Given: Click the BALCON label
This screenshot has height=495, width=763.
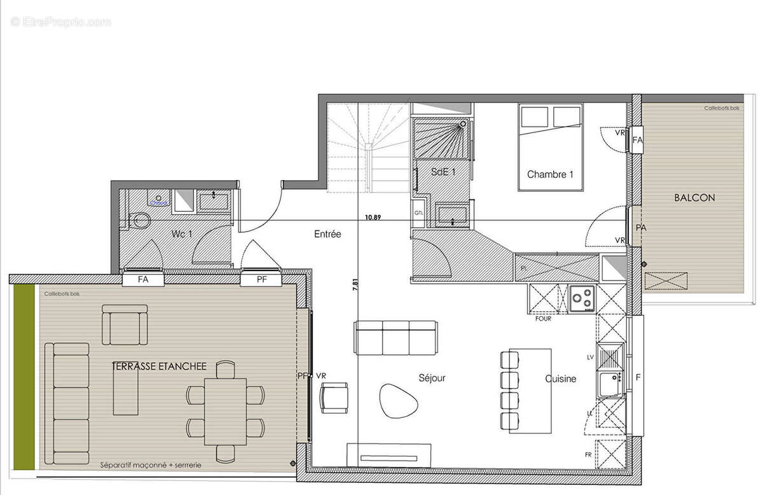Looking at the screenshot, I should click(x=694, y=198).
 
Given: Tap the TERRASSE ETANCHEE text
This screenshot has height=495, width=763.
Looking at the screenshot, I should click(x=159, y=366).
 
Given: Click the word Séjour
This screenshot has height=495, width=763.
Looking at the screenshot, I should click(x=432, y=378).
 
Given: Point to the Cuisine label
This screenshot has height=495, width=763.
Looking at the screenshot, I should click(x=560, y=379).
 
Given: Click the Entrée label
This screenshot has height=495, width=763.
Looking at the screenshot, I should click(x=327, y=234).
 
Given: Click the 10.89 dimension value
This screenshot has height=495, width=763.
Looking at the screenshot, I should click(x=373, y=218).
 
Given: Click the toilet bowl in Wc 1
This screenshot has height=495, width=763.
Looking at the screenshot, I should click(x=141, y=221).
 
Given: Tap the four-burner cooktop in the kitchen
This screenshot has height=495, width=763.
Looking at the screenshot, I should click(x=582, y=298).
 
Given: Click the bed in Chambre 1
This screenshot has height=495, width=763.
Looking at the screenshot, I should click(x=551, y=146).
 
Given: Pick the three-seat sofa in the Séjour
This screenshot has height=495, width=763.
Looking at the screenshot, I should click(x=395, y=337).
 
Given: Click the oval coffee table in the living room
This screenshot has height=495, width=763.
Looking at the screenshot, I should click(x=399, y=401).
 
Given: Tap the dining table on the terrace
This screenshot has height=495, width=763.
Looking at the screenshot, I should click(x=225, y=411).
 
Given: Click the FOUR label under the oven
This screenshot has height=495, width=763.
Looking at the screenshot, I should click(x=543, y=318).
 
